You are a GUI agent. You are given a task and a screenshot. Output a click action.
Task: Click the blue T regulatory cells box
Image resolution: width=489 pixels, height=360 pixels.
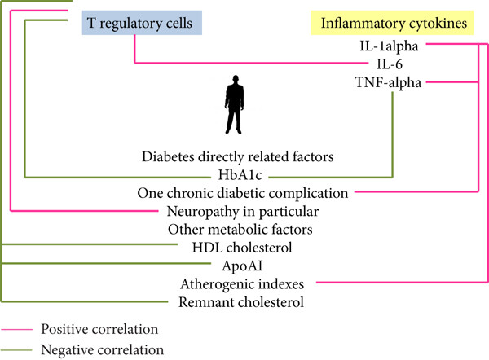142,23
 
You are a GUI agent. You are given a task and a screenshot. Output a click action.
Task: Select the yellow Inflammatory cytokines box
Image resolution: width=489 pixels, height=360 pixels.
392,23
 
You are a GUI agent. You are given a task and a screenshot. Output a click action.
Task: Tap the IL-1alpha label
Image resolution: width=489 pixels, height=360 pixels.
389,46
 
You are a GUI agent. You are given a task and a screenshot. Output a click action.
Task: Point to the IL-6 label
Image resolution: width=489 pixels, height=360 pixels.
390,64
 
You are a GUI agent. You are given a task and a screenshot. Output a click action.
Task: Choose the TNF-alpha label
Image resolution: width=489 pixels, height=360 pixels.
388,82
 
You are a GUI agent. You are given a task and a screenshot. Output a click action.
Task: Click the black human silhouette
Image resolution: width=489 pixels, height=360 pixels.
235,105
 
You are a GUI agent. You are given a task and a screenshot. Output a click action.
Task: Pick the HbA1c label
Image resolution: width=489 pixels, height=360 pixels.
240,175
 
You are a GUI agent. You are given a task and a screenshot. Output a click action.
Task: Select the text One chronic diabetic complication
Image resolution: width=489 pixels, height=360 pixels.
243,193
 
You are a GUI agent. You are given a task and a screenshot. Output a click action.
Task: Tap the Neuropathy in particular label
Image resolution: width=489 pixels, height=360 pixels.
243,211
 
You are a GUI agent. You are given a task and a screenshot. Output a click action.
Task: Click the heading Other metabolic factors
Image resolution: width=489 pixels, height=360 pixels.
240,230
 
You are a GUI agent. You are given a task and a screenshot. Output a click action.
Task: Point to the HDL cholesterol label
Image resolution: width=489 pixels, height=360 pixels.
242,248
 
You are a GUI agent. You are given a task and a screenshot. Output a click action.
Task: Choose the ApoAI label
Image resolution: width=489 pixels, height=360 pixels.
242,266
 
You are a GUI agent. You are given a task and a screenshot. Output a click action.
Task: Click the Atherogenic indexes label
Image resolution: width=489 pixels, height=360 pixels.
242,284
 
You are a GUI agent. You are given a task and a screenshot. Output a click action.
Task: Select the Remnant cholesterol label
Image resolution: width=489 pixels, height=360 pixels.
241,302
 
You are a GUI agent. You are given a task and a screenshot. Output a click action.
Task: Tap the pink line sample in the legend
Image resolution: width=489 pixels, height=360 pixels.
16,329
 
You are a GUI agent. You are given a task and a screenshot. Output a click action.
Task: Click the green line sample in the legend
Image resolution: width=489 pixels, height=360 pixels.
16,350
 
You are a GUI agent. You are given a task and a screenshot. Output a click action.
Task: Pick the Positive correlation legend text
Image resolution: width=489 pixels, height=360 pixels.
99,329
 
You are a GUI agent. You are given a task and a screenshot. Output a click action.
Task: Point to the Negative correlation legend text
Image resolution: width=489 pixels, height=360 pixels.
103,350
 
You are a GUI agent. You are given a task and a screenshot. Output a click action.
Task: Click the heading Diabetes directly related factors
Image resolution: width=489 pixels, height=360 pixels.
238,156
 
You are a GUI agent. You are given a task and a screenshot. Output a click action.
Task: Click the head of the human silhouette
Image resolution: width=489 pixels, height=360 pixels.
236,79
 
